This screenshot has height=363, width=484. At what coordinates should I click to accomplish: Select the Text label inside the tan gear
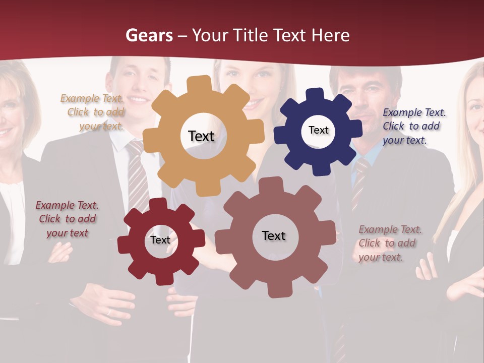point(201,136)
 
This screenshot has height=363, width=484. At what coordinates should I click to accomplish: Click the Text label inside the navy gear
point(318,130)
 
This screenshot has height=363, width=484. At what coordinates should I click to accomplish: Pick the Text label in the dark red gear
point(160,240)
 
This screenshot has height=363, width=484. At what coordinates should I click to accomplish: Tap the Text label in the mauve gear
point(274,235)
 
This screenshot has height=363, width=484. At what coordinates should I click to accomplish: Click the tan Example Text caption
point(93,112)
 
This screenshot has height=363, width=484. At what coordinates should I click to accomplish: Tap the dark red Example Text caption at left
point(67,219)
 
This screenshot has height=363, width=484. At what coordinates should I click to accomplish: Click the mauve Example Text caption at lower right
point(389,243)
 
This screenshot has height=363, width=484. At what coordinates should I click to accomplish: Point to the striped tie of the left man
point(136,176)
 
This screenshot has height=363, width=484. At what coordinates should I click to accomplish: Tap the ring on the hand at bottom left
point(108,312)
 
